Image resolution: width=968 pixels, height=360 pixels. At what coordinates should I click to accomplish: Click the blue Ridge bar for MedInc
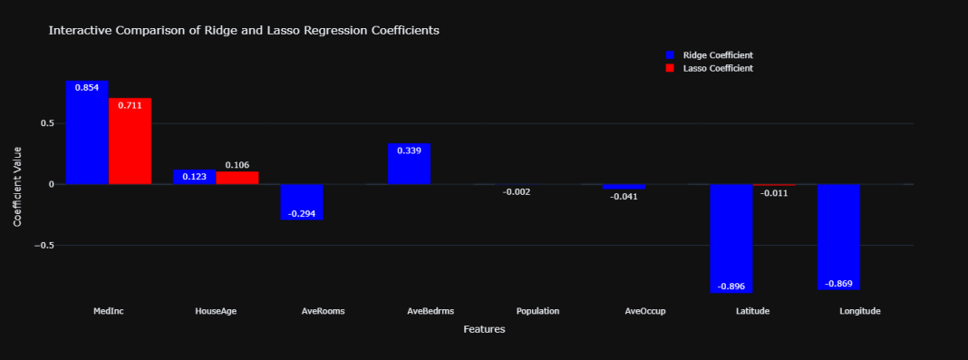(x=87, y=132)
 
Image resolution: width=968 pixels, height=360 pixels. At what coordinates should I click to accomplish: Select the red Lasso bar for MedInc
(x=130, y=141)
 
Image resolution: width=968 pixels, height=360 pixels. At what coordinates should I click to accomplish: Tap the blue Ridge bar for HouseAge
(x=194, y=177)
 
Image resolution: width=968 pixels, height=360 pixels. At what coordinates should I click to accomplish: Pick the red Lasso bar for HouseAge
(x=237, y=178)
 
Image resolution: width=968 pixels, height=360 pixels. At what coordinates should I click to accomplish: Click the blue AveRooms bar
(x=301, y=201)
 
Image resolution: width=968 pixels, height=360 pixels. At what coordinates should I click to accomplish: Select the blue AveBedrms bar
(x=409, y=163)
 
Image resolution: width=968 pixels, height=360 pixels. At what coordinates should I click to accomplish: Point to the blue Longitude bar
(x=838, y=237)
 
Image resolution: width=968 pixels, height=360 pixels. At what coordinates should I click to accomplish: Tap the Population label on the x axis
(x=537, y=311)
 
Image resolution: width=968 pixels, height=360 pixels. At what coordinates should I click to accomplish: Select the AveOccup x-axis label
(x=645, y=311)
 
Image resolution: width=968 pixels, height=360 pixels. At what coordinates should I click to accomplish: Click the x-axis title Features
(x=484, y=329)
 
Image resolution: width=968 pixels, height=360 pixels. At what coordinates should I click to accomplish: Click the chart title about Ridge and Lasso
(x=244, y=30)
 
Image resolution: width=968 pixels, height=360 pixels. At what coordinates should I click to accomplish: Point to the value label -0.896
(x=731, y=287)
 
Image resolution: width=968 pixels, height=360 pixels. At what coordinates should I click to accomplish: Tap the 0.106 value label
(x=237, y=165)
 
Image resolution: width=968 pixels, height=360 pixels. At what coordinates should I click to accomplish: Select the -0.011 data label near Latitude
(x=774, y=192)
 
